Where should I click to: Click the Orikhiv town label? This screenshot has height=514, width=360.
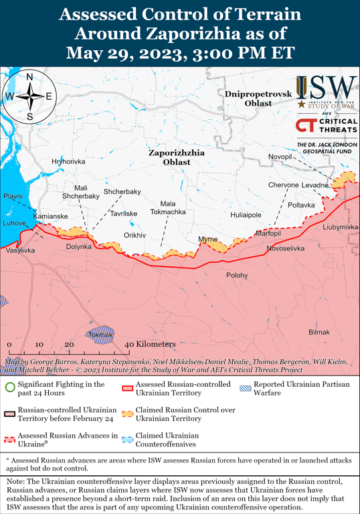[134, 236]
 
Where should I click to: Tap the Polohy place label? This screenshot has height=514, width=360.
[236, 275]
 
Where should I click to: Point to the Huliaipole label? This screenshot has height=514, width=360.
[246, 216]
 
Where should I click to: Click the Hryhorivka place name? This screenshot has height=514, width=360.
[68, 162]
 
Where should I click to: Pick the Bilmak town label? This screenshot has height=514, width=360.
[319, 333]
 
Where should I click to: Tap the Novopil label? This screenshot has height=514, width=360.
[280, 157]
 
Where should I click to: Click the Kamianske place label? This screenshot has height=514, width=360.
[50, 216]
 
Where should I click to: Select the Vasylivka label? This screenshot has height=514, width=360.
[20, 250]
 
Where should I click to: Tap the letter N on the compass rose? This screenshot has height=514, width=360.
[30, 77]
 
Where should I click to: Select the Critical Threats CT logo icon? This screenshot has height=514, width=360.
[305, 126]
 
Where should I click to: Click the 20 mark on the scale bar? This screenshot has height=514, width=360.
[68, 344]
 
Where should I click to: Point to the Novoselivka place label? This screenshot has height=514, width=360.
[285, 248]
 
